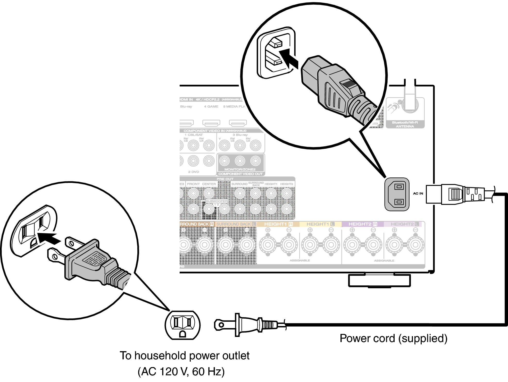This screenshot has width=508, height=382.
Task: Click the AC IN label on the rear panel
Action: click(x=418, y=193)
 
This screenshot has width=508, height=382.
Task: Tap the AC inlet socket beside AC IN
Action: click(x=397, y=194)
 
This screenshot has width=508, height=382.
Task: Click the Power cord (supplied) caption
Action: click(x=393, y=338)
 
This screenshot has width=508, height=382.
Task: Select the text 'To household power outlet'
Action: click(x=185, y=356)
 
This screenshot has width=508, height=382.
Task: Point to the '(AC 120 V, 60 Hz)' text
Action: click(x=181, y=372)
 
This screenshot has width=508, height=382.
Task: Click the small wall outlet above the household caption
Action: click(x=182, y=325)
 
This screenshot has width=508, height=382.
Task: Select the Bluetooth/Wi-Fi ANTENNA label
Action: click(x=405, y=124)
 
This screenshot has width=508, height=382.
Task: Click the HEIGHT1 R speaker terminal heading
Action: click(x=278, y=224)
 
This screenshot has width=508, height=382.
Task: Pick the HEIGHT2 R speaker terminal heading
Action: click(x=363, y=224)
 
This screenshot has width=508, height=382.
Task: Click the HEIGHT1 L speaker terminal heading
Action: click(x=320, y=224)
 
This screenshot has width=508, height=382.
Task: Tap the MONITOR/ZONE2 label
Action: click(x=240, y=169)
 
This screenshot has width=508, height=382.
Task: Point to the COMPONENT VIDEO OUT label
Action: click(x=240, y=174)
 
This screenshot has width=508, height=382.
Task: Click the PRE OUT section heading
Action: click(x=225, y=179)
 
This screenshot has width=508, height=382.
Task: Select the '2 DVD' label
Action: click(x=194, y=172)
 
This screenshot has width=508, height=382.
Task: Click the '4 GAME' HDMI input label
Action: click(x=211, y=106)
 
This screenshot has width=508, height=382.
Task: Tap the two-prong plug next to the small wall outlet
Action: click(x=247, y=325)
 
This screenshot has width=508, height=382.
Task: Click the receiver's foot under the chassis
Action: click(x=379, y=281)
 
